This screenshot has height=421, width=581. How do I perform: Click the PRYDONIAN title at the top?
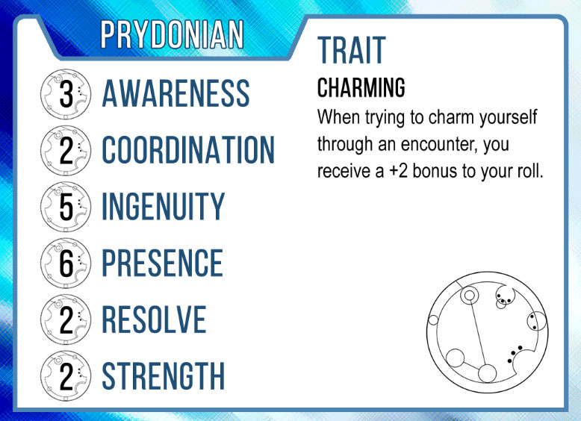click(172, 34)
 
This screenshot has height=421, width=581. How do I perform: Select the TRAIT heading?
click(352, 50)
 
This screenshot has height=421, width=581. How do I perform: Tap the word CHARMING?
click(361, 88)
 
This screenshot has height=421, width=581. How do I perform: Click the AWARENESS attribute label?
click(175, 93)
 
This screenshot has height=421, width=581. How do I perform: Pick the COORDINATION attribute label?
click(188, 149)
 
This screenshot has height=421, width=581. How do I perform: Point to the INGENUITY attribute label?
click(163, 206)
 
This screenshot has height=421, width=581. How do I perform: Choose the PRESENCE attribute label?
click(162, 263)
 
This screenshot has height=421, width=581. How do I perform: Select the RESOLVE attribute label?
click(154, 319)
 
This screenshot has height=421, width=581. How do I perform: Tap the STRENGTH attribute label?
click(163, 375)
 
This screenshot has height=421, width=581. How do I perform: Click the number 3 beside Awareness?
click(66, 94)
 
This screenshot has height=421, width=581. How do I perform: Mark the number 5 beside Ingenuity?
click(66, 207)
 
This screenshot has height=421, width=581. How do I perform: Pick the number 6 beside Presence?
click(66, 263)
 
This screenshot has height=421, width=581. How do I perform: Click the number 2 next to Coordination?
click(66, 151)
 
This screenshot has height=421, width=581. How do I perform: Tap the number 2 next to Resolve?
click(66, 320)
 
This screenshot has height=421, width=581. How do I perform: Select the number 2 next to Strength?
click(66, 376)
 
